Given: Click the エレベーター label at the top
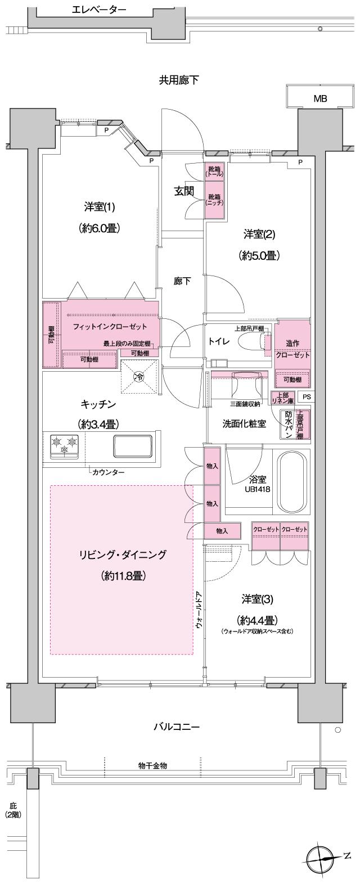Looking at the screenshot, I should [x=100, y=10].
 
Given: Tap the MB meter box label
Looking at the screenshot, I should [x=320, y=99].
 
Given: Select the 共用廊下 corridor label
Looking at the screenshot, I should [x=178, y=80].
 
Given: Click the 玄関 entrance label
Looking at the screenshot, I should [x=183, y=191].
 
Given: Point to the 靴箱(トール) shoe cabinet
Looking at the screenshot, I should [x=214, y=172].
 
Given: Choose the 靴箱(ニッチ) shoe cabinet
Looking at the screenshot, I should [x=214, y=200].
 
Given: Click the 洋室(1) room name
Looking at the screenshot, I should [x=100, y=208].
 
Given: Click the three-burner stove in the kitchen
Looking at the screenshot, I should [x=64, y=445].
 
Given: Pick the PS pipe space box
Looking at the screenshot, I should [x=306, y=396].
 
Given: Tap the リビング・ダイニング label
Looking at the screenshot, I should [x=122, y=555].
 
